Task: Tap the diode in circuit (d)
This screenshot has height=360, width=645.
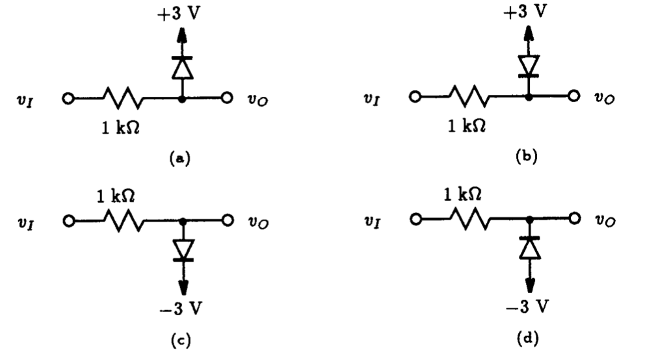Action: (x=530, y=247)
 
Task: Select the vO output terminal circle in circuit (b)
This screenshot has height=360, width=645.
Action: (x=573, y=97)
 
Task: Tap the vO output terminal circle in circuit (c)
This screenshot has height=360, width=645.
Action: (x=227, y=220)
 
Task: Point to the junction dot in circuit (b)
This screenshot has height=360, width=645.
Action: (x=530, y=97)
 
